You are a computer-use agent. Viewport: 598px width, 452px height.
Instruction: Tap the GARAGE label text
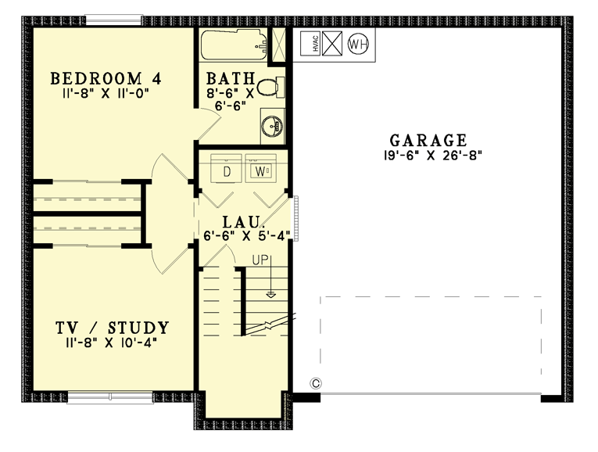[x=428, y=141]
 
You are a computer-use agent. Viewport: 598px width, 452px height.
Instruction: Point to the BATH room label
[x=231, y=78]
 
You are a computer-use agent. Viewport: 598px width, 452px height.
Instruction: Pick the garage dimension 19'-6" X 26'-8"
[x=428, y=156]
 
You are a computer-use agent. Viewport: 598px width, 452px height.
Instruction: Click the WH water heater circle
[x=357, y=44]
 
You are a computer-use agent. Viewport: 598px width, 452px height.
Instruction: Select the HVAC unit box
[x=308, y=44]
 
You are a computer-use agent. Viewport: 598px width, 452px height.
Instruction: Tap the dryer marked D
[x=227, y=169]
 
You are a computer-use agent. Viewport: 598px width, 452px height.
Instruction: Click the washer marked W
[x=257, y=169]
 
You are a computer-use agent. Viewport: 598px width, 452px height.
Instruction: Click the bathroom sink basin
[x=272, y=126]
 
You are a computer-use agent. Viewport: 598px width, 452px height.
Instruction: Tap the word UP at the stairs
[x=260, y=260]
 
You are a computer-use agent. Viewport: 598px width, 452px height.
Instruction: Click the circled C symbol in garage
[x=317, y=383]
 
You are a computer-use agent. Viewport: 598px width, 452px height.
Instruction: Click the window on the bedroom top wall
[x=108, y=20]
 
